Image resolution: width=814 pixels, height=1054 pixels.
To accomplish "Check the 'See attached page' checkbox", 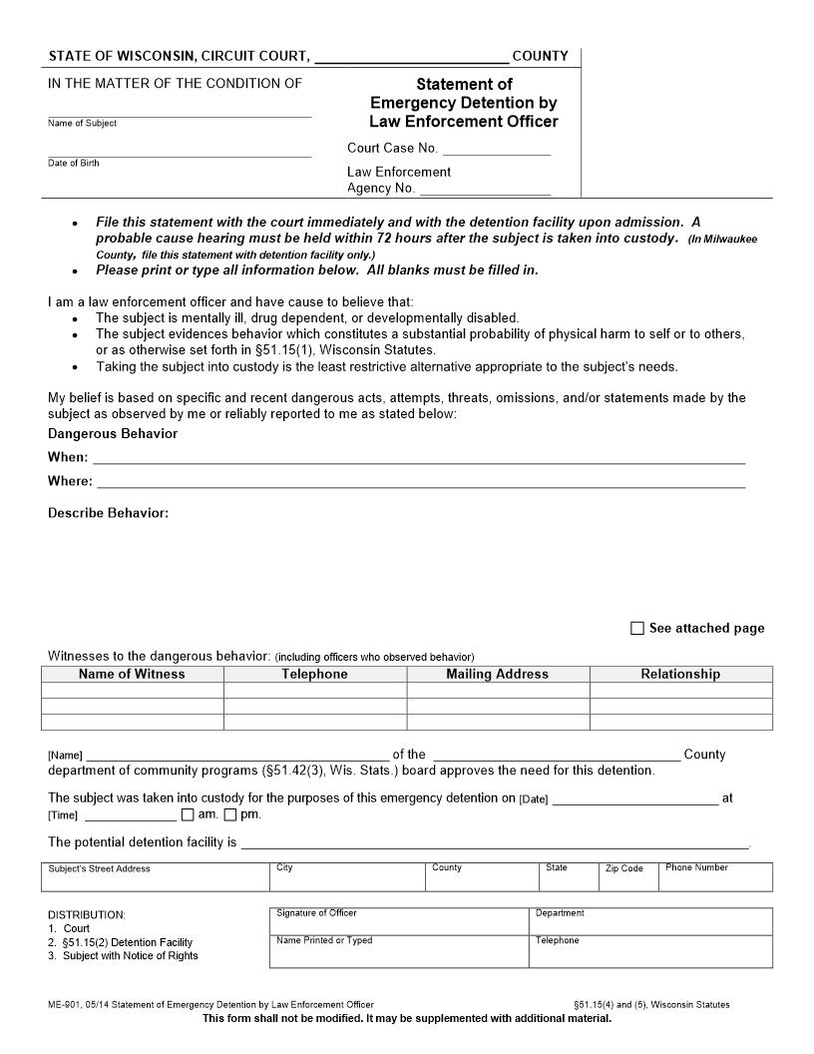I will click(637, 629).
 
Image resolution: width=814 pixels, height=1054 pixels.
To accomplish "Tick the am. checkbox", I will click(189, 814).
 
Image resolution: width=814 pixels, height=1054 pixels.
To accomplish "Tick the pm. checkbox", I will click(230, 814).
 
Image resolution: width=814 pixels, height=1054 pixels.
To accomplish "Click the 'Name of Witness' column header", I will click(132, 675).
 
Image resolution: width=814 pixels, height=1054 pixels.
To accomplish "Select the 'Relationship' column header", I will click(680, 675).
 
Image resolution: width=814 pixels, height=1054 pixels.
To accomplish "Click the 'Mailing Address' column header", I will click(498, 675).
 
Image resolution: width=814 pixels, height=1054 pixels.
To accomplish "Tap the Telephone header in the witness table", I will click(314, 675).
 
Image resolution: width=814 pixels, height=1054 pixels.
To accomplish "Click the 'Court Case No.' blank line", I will click(496, 149).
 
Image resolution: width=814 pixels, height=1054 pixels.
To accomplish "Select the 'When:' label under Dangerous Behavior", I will click(68, 457).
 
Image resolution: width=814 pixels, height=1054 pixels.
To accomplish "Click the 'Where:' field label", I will click(70, 481).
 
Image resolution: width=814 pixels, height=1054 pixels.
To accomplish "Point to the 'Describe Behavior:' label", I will click(108, 513).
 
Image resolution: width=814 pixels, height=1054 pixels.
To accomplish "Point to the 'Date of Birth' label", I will click(74, 163).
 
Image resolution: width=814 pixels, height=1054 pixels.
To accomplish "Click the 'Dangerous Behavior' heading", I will click(113, 434).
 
